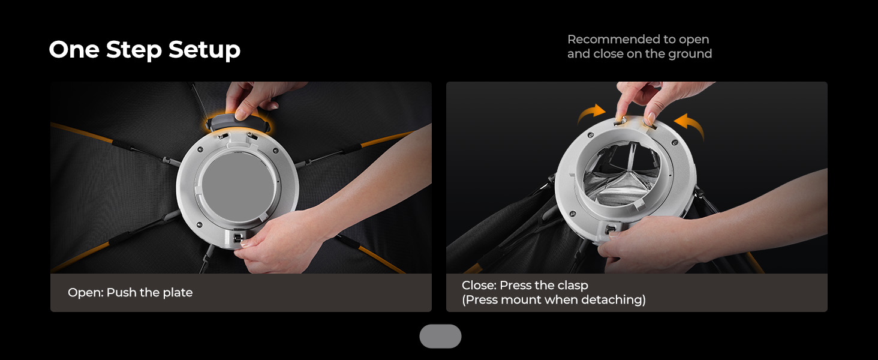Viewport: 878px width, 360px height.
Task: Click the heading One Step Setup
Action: [x=145, y=50]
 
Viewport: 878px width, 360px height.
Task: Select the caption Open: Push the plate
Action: [x=130, y=293]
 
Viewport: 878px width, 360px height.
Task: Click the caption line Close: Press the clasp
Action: [x=525, y=286]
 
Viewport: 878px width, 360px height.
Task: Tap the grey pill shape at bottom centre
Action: [x=440, y=336]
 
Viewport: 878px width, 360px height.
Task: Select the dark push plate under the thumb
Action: [x=238, y=122]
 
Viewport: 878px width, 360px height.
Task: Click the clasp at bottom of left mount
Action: [x=237, y=238]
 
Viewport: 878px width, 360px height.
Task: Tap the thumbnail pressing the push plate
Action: [x=242, y=114]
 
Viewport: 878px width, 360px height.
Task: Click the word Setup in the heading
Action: [x=205, y=50]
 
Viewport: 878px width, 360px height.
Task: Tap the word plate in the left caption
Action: [x=178, y=293]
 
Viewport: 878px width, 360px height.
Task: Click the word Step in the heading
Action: [x=134, y=50]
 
